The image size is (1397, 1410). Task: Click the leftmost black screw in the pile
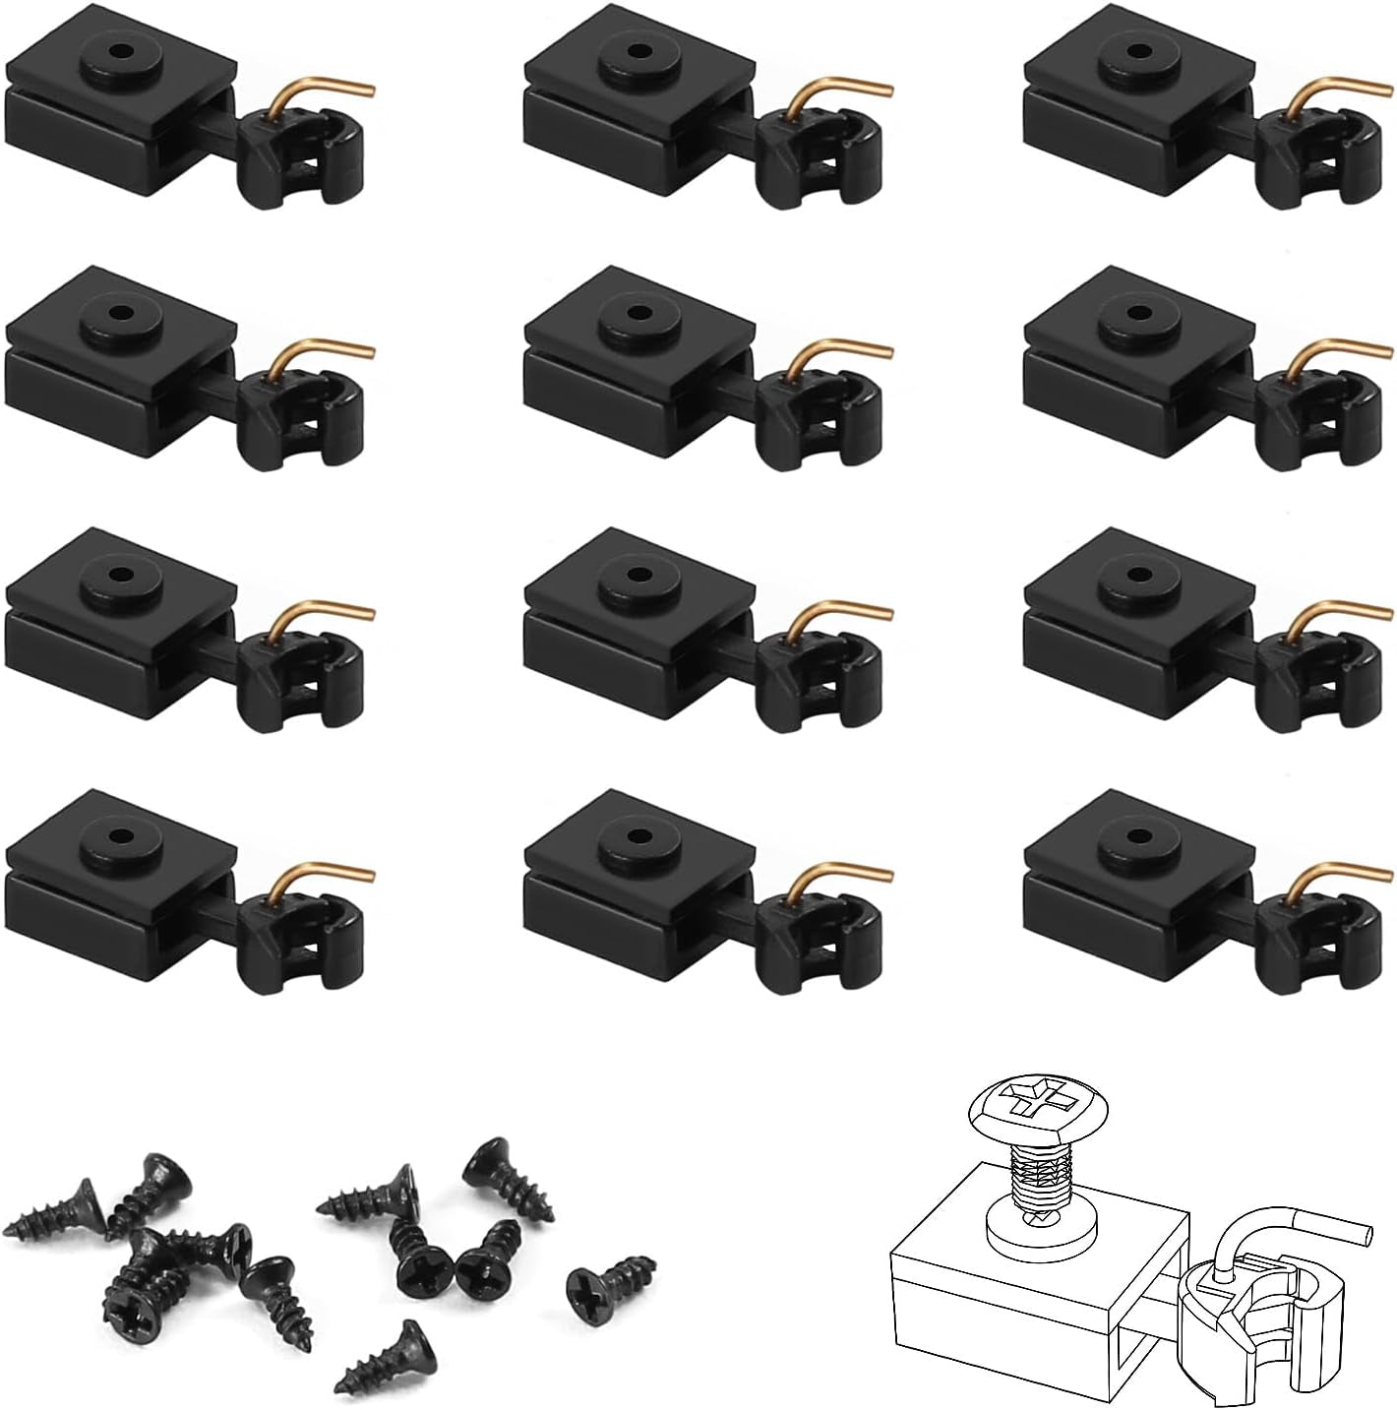click(x=54, y=1213)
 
